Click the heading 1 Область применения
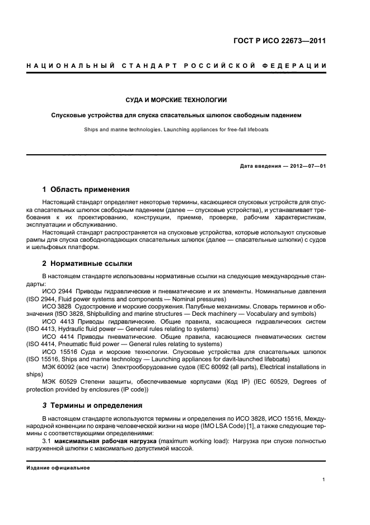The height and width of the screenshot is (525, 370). pyautogui.click(x=86, y=190)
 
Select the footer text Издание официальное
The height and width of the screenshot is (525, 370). pyautogui.click(x=58, y=468)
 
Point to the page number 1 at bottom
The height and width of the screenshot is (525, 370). pyautogui.click(x=324, y=479)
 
